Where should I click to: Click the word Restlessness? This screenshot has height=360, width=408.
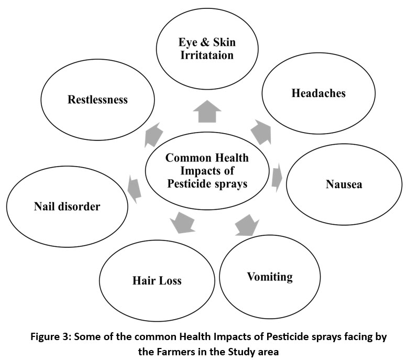pos(97,100)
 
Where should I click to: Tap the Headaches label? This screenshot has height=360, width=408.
pos(318,93)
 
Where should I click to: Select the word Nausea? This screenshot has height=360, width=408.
pos(344,184)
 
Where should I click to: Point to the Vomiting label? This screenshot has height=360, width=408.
pos(270,276)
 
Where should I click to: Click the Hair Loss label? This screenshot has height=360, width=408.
pos(157,280)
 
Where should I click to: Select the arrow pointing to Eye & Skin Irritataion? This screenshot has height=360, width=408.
pos(207,111)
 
